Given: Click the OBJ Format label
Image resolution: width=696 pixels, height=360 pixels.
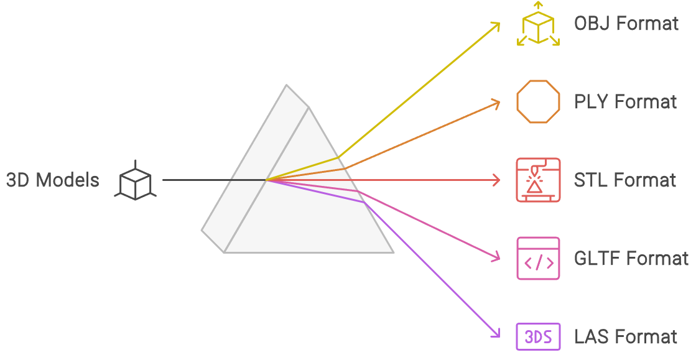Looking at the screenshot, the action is pos(626,24).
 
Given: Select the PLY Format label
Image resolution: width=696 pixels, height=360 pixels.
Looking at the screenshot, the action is pos(625,102).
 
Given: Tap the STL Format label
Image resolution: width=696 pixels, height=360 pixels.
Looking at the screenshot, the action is pos(624,180).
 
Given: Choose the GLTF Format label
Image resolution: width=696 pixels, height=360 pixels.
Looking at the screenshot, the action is pos(631,259).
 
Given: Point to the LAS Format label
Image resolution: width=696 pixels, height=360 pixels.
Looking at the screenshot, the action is pos(625,337).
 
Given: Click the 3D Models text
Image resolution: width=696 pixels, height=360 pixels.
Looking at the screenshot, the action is pos(52,180).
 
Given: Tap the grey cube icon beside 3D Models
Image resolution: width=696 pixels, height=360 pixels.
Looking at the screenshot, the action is pos(135,180).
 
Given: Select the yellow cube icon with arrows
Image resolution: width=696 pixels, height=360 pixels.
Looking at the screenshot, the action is pos(538,25).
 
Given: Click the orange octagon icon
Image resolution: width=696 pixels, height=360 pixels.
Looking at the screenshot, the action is pos(538,102).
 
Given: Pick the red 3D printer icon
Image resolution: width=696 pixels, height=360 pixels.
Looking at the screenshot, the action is pos(538,180).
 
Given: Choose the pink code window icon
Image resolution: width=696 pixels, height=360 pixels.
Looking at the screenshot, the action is pos(538,259).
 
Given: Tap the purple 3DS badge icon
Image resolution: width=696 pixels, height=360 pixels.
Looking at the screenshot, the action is pos(538,337).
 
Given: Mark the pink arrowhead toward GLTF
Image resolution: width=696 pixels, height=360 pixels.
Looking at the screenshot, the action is pos(497,257).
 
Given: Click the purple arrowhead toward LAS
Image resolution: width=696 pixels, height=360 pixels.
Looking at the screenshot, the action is pos(497,335).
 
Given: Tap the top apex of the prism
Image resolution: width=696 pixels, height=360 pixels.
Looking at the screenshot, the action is pos(287,85).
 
